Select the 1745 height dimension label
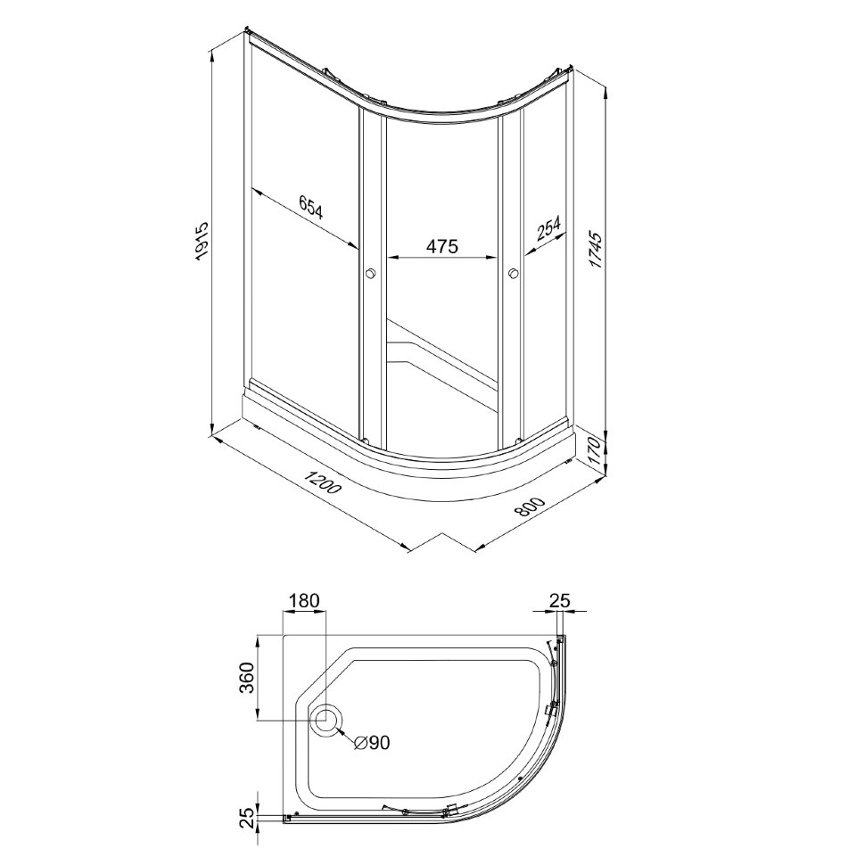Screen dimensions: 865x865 pyautogui.click(x=595, y=250)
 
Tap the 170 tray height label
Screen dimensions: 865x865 pyautogui.click(x=595, y=449)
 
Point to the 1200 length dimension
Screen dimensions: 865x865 pyautogui.click(x=325, y=482)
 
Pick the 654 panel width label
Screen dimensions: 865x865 pyautogui.click(x=310, y=208)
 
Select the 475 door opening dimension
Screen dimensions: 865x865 pyautogui.click(x=441, y=246)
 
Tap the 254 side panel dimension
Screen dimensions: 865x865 pyautogui.click(x=548, y=227)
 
